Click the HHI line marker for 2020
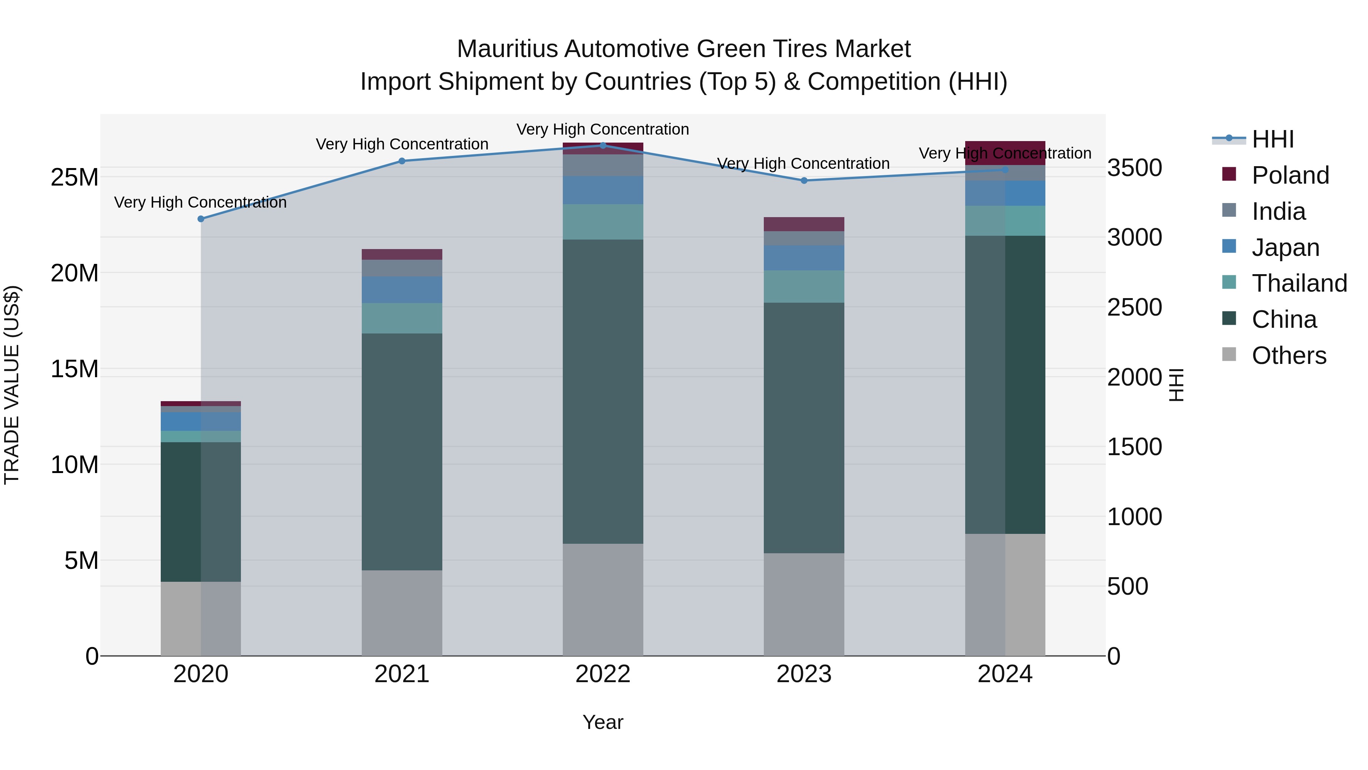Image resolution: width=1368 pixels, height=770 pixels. point(201,219)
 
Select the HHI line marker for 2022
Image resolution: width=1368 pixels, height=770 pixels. point(603,145)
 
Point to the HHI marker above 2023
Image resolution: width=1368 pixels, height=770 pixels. point(804,181)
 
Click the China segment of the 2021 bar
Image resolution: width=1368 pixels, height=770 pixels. point(402,452)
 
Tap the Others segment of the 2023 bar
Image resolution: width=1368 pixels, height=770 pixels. point(804,604)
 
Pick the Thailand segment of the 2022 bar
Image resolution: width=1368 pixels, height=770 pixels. point(603,222)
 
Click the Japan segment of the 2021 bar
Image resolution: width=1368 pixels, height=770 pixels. point(402,290)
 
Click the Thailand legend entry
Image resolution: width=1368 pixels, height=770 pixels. point(1298,283)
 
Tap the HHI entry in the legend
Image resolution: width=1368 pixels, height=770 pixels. point(1272,139)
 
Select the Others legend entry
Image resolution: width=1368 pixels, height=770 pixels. point(1288,356)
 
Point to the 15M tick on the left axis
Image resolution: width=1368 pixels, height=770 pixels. point(74,369)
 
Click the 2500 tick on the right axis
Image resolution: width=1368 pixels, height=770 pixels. point(1134,308)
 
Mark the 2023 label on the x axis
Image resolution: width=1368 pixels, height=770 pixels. point(804,674)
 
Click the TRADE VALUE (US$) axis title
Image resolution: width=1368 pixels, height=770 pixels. point(12,385)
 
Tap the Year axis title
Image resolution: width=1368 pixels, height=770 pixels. point(603,722)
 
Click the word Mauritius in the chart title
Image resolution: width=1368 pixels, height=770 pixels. point(508,49)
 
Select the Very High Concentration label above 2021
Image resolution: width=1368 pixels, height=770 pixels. point(402,144)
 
